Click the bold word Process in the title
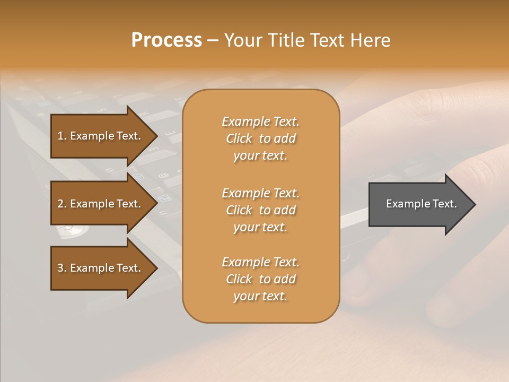coord(166,40)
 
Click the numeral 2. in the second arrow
coord(62,204)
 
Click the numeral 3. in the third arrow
coord(62,268)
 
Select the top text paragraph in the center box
coord(260,138)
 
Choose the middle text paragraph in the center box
coord(260,210)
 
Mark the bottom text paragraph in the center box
coord(260,279)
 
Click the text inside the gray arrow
coord(422,204)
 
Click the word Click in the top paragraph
coord(239,138)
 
